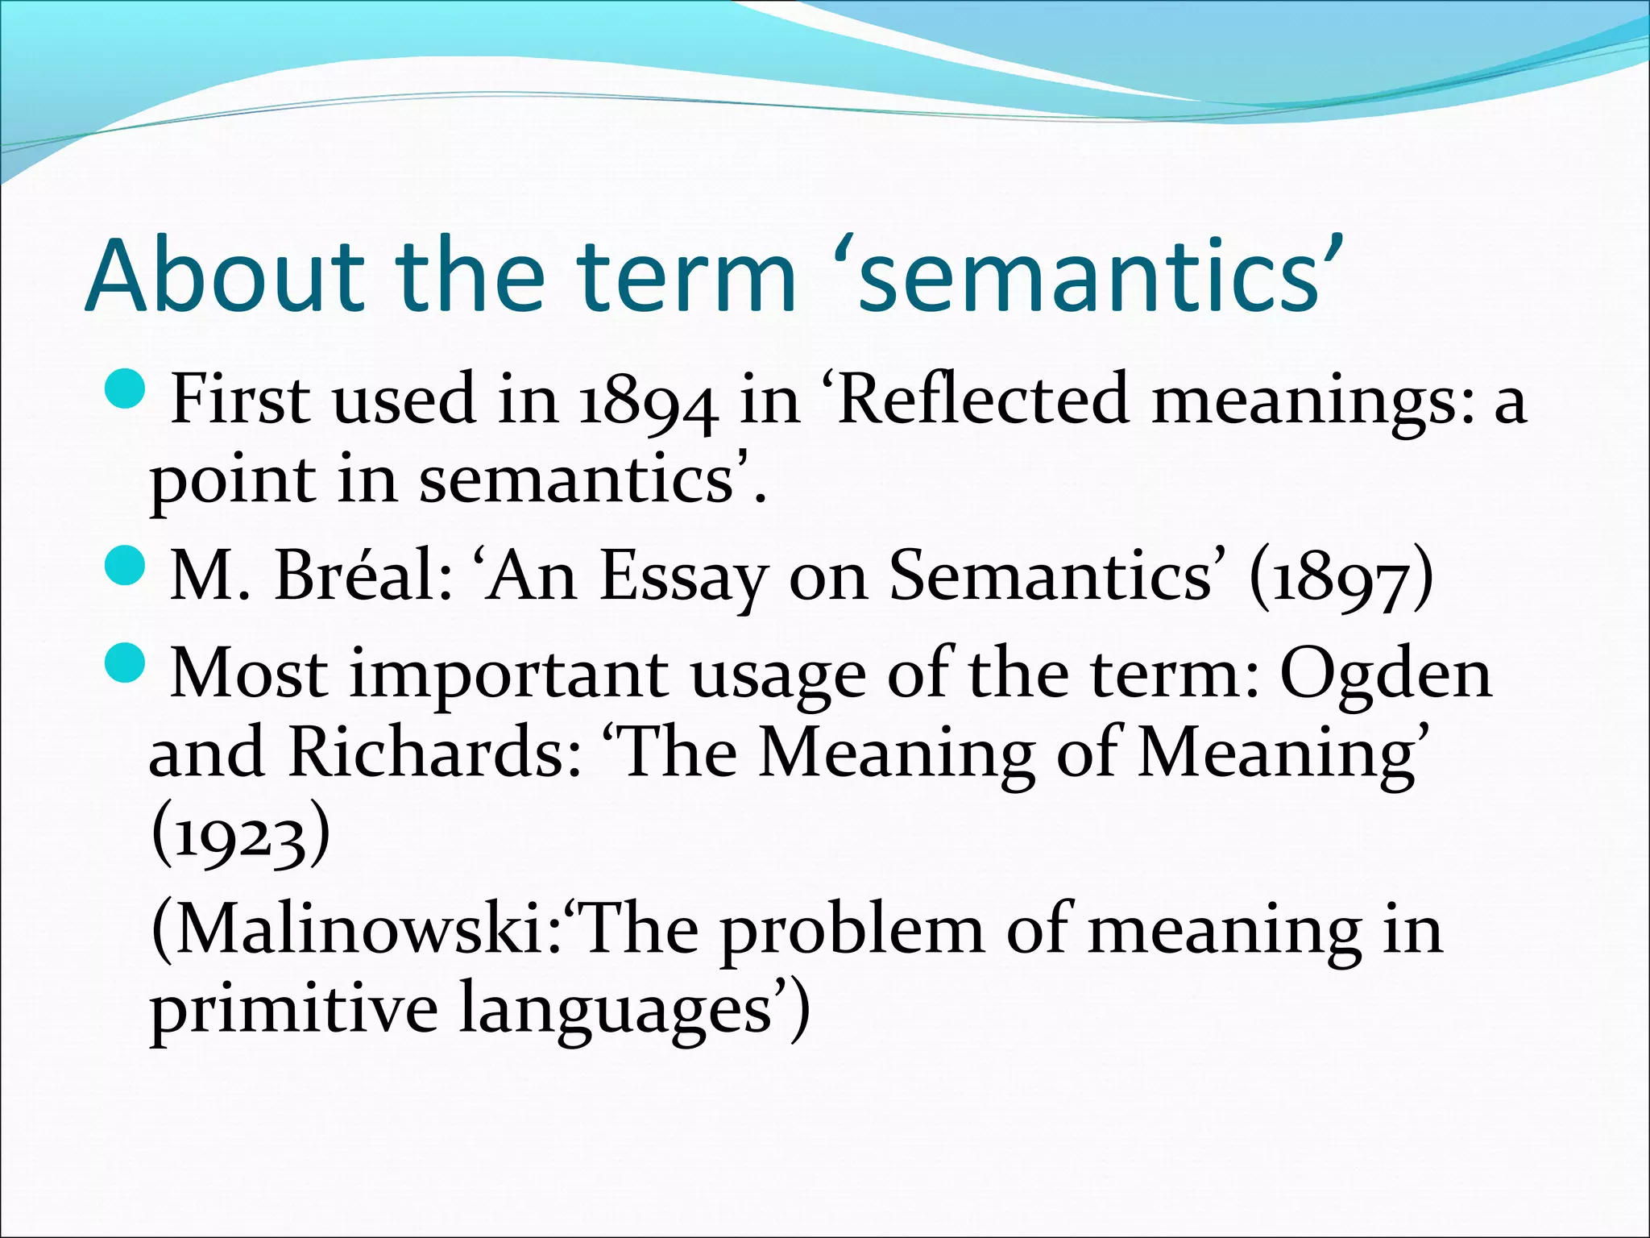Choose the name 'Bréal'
(363, 576)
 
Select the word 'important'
(508, 675)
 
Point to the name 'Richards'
(435, 753)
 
